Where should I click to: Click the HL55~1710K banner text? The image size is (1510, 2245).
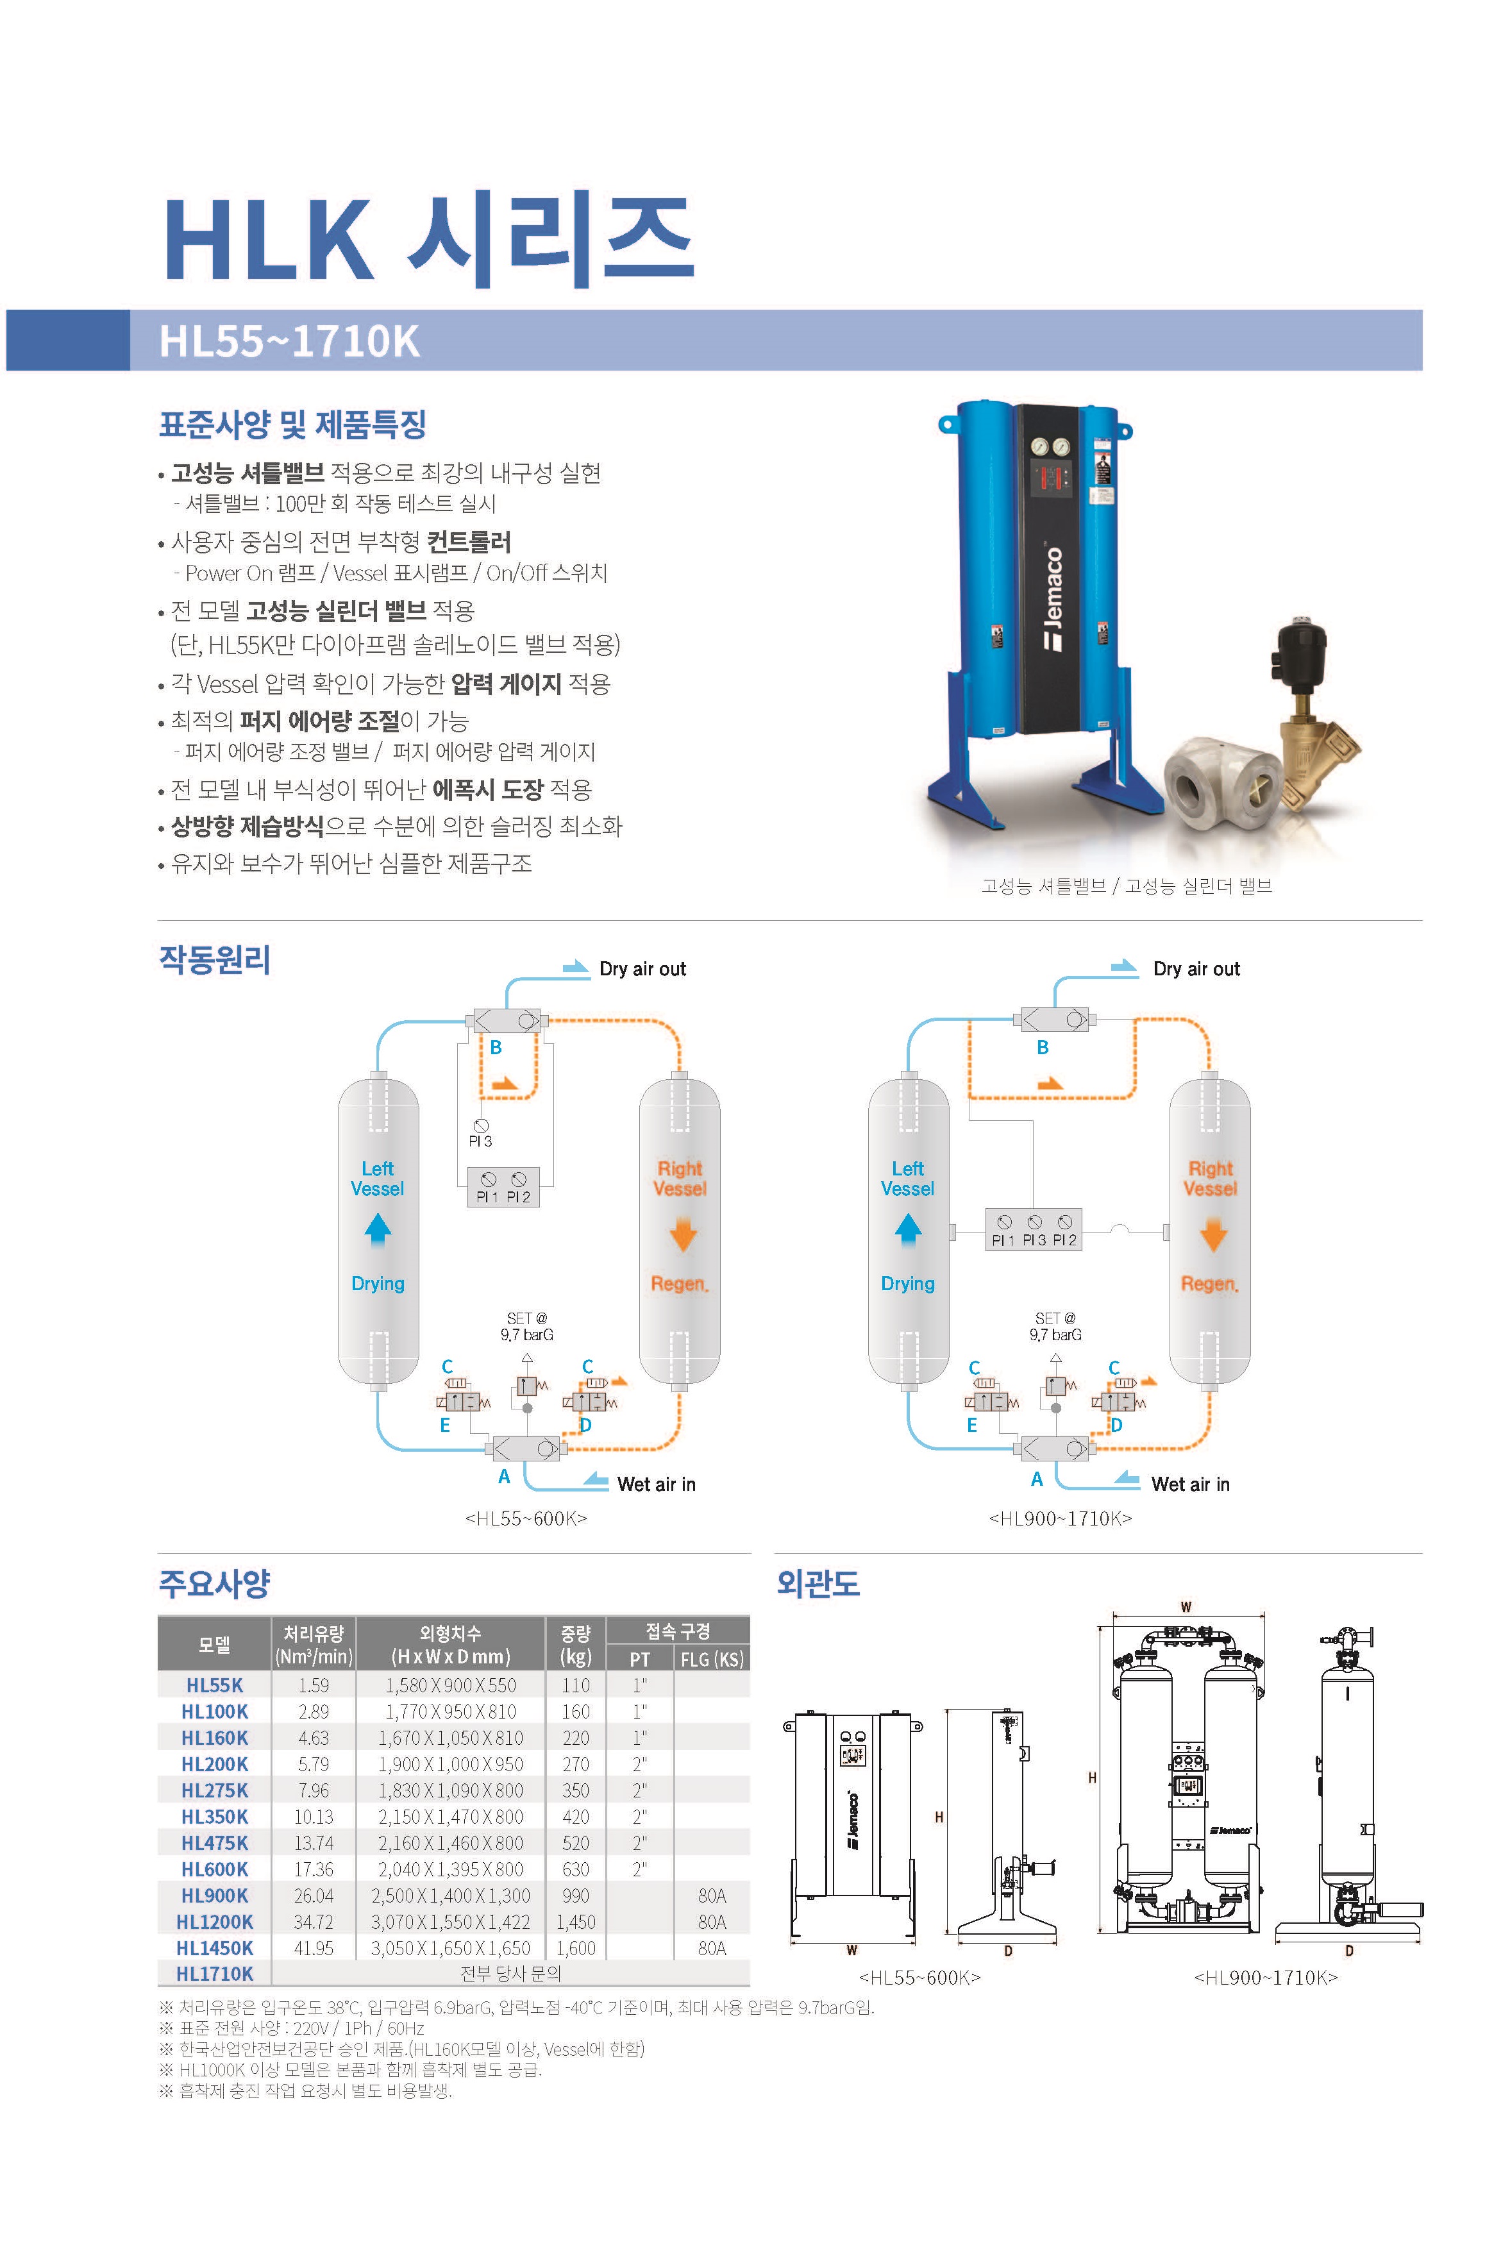click(x=289, y=341)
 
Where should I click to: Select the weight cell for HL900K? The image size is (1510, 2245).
click(x=575, y=1896)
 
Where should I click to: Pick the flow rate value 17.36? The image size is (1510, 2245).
click(x=314, y=1869)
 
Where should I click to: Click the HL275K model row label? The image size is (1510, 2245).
click(x=215, y=1790)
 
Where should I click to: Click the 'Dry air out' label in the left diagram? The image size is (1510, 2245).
click(x=642, y=969)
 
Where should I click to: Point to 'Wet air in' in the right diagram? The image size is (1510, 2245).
click(x=1190, y=1484)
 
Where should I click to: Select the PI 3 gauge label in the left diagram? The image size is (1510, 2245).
click(x=480, y=1141)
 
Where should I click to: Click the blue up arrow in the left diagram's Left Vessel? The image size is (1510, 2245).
click(x=378, y=1229)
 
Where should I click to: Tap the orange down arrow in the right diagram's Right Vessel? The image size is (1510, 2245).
click(x=1213, y=1234)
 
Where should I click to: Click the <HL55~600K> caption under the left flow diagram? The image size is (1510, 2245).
click(x=526, y=1519)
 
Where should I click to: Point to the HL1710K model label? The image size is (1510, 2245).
click(x=215, y=1973)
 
